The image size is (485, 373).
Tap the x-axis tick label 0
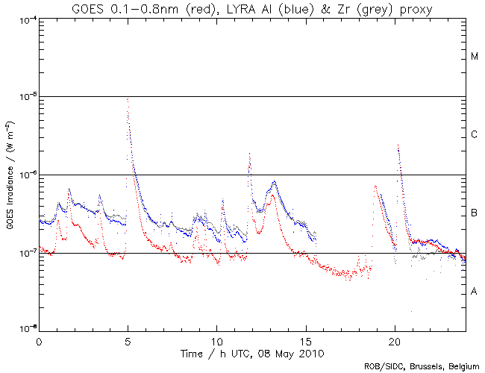39,339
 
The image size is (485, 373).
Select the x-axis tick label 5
128,339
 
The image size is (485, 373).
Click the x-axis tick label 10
216,339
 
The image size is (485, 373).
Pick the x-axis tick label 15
306,339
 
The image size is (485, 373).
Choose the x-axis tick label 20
395,339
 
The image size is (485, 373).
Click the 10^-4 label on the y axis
26,19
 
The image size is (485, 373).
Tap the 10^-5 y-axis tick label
26,97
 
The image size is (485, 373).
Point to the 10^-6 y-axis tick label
26,175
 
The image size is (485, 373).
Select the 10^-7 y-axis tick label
26,254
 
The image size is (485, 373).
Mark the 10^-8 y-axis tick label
26,329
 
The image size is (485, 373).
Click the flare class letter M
475,57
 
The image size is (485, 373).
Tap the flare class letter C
475,135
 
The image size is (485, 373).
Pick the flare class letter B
475,214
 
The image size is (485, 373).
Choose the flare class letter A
475,292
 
